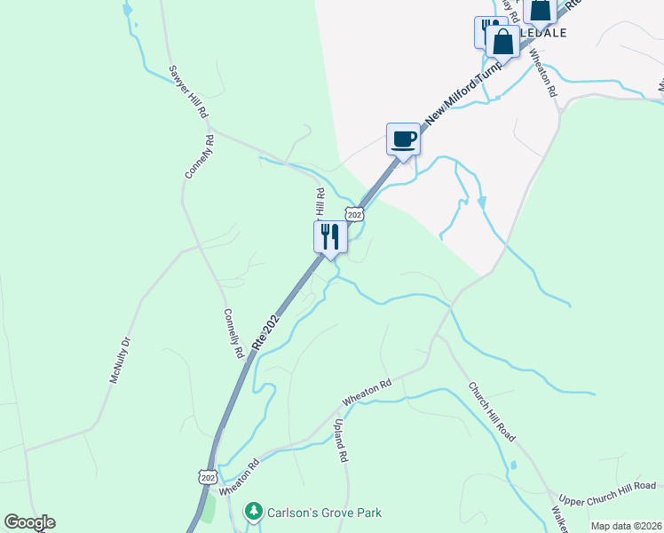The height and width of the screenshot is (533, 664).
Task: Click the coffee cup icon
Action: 403,139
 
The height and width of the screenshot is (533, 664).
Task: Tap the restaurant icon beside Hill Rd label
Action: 330,237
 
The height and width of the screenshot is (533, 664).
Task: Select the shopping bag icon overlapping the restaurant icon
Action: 502,42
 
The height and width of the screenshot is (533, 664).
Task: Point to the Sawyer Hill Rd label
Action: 188,91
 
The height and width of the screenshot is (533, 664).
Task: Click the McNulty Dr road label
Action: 120,360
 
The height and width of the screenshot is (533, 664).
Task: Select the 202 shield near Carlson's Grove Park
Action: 208,477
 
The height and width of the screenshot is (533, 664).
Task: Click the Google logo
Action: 29,522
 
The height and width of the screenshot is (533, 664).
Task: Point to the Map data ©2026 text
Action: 626,526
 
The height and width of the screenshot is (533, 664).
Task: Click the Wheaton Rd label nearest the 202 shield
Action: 239,477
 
